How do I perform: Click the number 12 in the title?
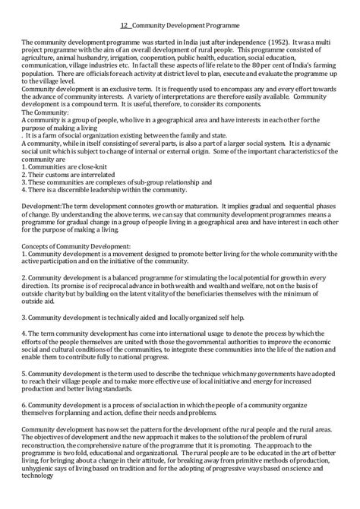click(x=125, y=24)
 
